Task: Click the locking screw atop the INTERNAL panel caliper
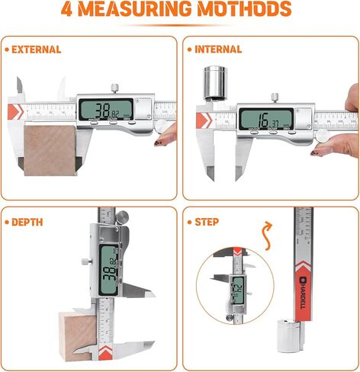273,95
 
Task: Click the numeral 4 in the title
78,10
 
